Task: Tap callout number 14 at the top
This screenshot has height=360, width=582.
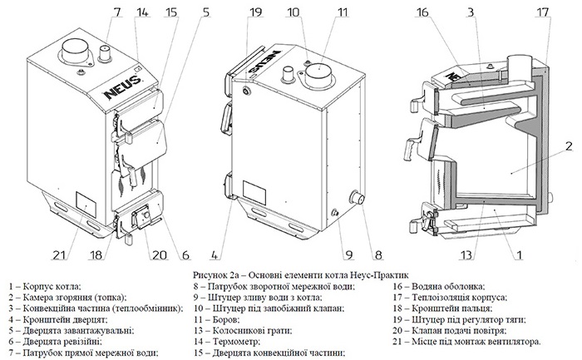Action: click(x=142, y=12)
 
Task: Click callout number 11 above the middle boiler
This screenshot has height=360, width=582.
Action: click(x=318, y=12)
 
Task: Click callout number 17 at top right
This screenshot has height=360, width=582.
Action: click(x=544, y=12)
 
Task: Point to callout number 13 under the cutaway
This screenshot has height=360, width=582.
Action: click(x=468, y=254)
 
